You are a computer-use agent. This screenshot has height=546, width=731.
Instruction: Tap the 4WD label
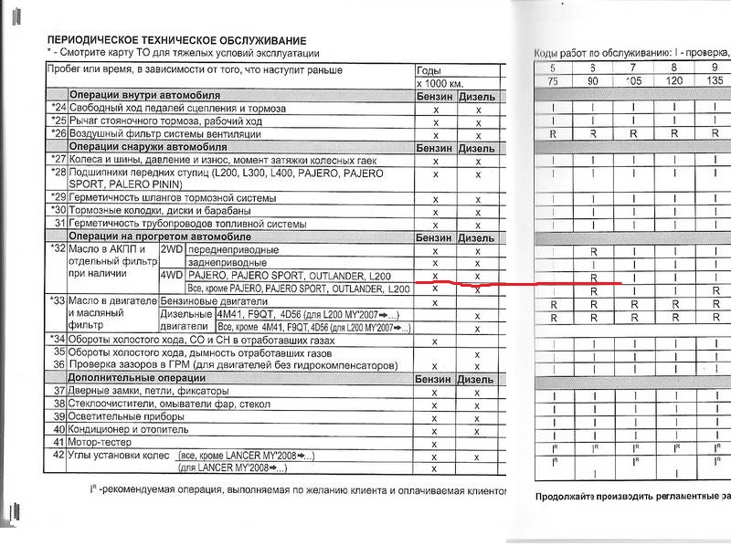point(172,276)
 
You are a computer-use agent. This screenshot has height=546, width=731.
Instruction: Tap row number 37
point(58,392)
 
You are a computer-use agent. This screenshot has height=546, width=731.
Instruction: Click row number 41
point(58,442)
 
